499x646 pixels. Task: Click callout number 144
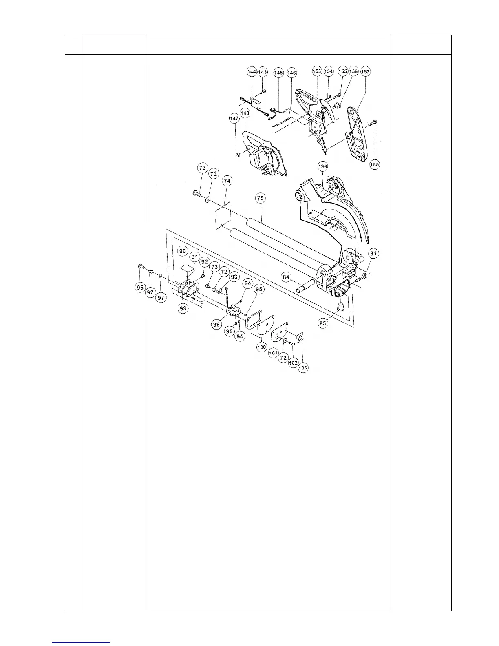click(252, 72)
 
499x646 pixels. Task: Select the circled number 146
click(292, 73)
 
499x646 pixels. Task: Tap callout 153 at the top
click(317, 71)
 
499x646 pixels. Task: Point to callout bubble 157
click(365, 71)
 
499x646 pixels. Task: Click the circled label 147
click(234, 119)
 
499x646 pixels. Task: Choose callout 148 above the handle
click(245, 114)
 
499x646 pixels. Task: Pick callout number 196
click(322, 166)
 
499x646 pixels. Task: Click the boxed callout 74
click(227, 181)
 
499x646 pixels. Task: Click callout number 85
click(323, 324)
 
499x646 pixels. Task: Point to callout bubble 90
click(182, 251)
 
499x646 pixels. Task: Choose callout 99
click(216, 324)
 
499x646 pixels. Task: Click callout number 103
click(303, 368)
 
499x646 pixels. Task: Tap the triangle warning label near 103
click(300, 337)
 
